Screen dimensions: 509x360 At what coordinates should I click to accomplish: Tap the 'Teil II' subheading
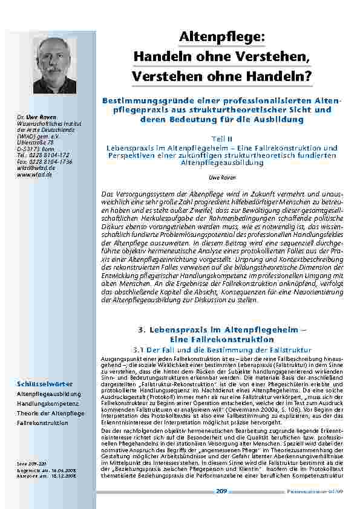point(221,138)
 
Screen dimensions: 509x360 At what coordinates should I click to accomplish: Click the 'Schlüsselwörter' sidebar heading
point(45,384)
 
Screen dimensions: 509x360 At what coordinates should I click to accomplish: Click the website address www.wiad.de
point(34,174)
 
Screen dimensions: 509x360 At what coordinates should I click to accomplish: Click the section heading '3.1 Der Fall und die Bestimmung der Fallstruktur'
point(221,349)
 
